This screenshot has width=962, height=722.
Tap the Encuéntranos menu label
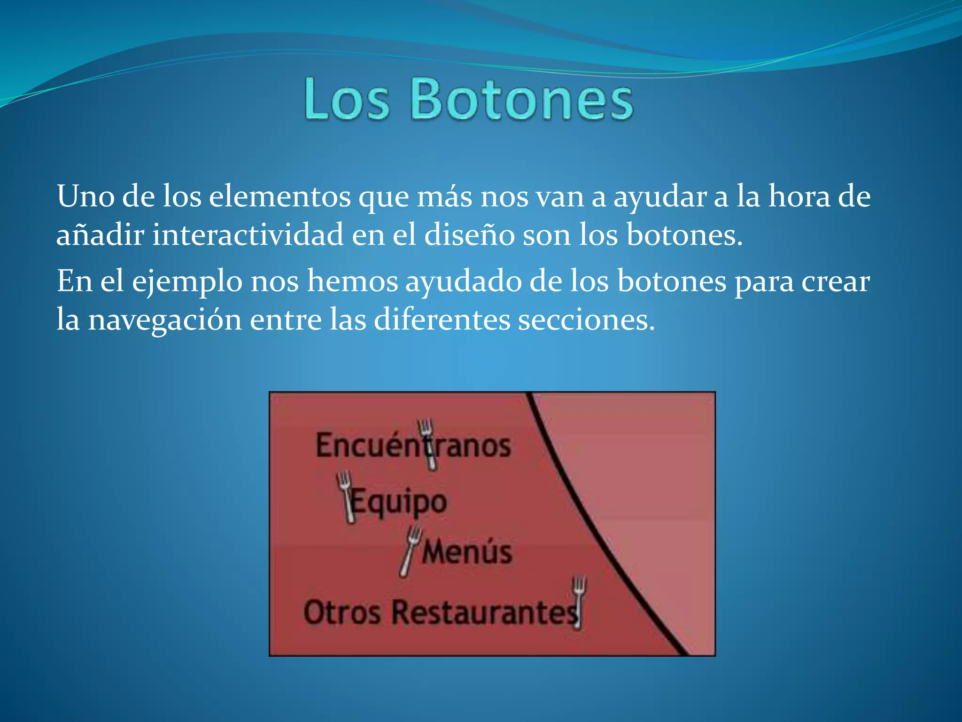(413, 446)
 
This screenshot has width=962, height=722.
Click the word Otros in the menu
(342, 613)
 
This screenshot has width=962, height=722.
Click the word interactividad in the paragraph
(248, 235)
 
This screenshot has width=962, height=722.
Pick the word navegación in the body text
(165, 320)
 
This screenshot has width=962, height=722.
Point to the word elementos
(280, 196)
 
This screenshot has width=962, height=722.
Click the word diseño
(470, 235)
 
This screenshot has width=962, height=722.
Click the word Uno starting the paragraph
(85, 196)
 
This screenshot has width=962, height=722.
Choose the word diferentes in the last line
(442, 320)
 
